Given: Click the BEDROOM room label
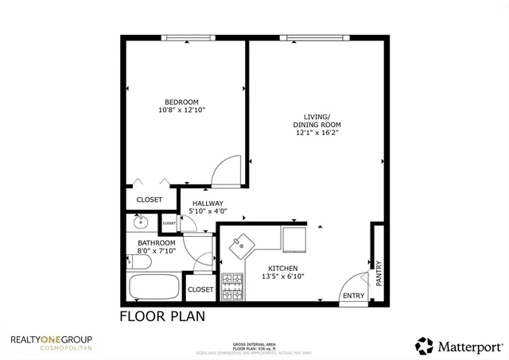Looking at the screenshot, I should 181,102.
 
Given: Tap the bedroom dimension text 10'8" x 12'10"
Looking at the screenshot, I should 181,110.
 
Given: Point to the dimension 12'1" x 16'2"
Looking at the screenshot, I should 317,134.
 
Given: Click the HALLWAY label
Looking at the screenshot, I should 208,203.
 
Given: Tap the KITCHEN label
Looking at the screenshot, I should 282,268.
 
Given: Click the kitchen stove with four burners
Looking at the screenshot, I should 231,287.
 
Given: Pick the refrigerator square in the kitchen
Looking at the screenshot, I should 294,238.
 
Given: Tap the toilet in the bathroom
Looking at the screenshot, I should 141,261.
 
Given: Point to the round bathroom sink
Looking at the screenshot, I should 141,223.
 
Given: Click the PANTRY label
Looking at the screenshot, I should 379,273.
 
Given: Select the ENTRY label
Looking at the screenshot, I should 352,296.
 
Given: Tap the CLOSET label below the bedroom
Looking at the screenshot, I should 150,199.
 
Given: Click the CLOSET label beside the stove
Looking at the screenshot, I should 200,289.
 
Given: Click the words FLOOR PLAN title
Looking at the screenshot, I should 162,316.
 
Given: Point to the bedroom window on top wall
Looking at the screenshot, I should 188,37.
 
